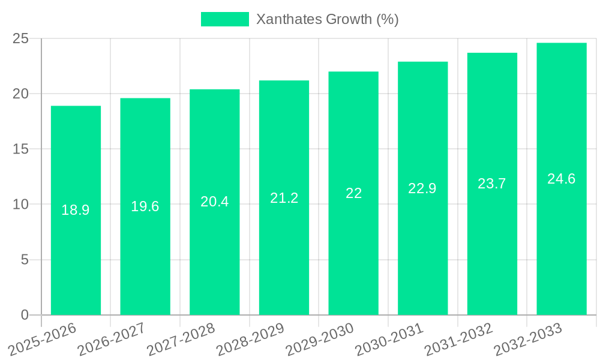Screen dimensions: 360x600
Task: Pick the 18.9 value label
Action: [76, 210]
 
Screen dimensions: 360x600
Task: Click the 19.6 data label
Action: [145, 206]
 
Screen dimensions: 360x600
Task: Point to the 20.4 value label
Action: [215, 202]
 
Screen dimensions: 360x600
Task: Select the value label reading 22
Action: [353, 193]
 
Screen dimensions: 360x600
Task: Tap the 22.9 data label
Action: [422, 188]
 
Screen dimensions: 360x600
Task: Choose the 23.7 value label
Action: [492, 184]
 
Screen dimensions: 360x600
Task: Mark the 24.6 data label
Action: [562, 179]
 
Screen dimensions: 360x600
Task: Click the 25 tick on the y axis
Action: [20, 38]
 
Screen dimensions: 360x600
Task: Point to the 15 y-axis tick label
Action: [20, 149]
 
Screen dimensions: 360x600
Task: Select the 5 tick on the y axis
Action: [25, 260]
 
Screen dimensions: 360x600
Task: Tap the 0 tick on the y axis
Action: [25, 315]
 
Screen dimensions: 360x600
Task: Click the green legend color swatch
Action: [224, 19]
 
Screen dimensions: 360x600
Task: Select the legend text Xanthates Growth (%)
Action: [327, 19]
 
